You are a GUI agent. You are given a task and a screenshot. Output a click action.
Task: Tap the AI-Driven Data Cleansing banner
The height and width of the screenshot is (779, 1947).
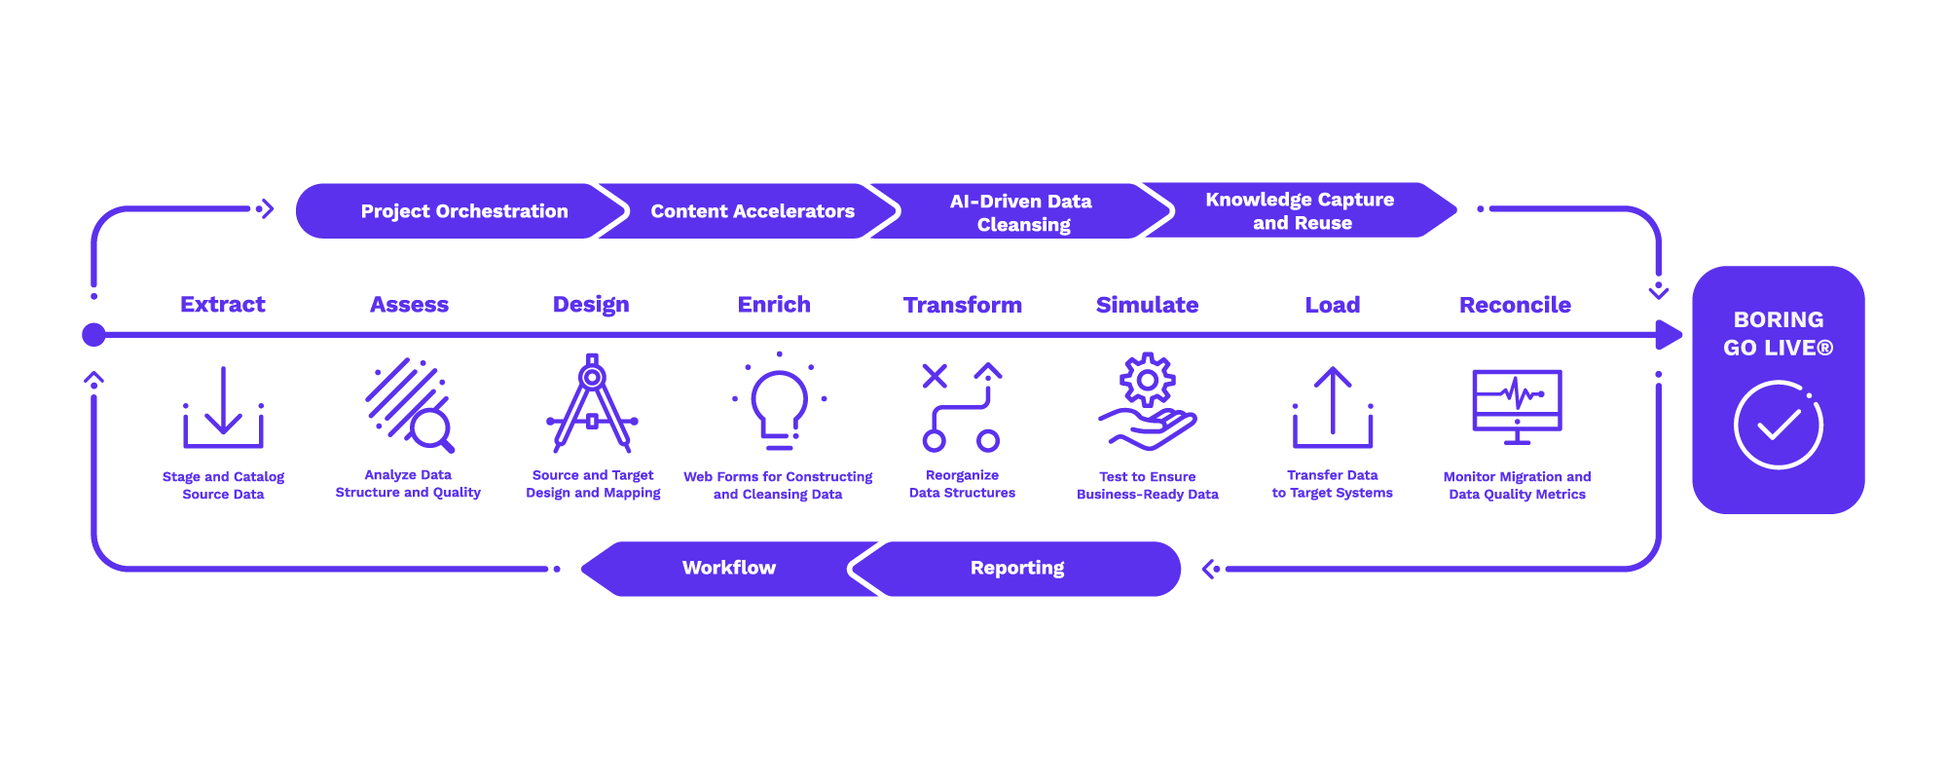pos(1021,212)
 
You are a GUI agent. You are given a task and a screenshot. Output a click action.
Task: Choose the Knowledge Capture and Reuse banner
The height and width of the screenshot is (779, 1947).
pos(1300,210)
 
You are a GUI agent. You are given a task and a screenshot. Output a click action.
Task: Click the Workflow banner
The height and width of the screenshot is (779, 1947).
pos(728,568)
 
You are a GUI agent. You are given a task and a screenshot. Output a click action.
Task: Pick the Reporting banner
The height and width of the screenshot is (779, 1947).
pos(1017,568)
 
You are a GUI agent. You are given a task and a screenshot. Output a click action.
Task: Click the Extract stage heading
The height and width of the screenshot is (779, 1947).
pos(223,305)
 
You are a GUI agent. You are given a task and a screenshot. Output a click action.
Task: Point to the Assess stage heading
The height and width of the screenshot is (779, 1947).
pos(409,305)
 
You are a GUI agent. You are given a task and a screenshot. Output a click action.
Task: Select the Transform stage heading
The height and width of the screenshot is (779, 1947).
pos(963,305)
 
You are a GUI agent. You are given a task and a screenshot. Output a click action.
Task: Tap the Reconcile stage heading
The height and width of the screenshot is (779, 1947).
pos(1515,305)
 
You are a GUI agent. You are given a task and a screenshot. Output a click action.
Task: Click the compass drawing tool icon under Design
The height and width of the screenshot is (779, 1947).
pos(592,404)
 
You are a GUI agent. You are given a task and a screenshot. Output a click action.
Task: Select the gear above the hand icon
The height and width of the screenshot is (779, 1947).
pos(1148,379)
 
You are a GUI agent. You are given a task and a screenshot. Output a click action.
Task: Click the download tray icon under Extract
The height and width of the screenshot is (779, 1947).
pos(223,409)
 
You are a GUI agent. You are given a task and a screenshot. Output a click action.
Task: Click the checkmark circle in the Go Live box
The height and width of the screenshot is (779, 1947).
pos(1778,426)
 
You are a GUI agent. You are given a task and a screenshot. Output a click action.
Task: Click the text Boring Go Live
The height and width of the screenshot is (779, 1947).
pos(1778,333)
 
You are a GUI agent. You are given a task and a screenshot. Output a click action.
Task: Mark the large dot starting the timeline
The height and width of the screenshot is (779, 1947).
pos(93,335)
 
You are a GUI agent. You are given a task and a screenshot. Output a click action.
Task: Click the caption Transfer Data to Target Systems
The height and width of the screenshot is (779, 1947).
pos(1332,484)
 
